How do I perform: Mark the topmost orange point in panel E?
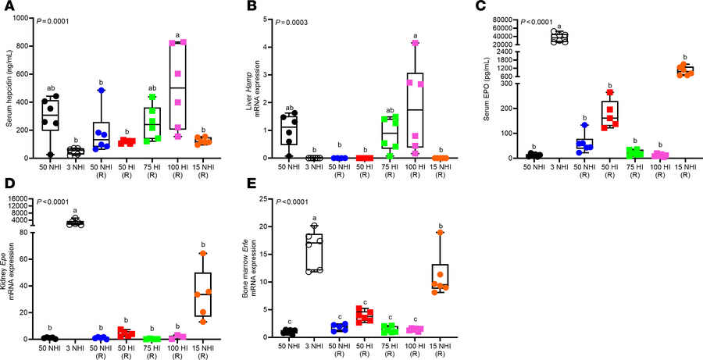441,233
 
